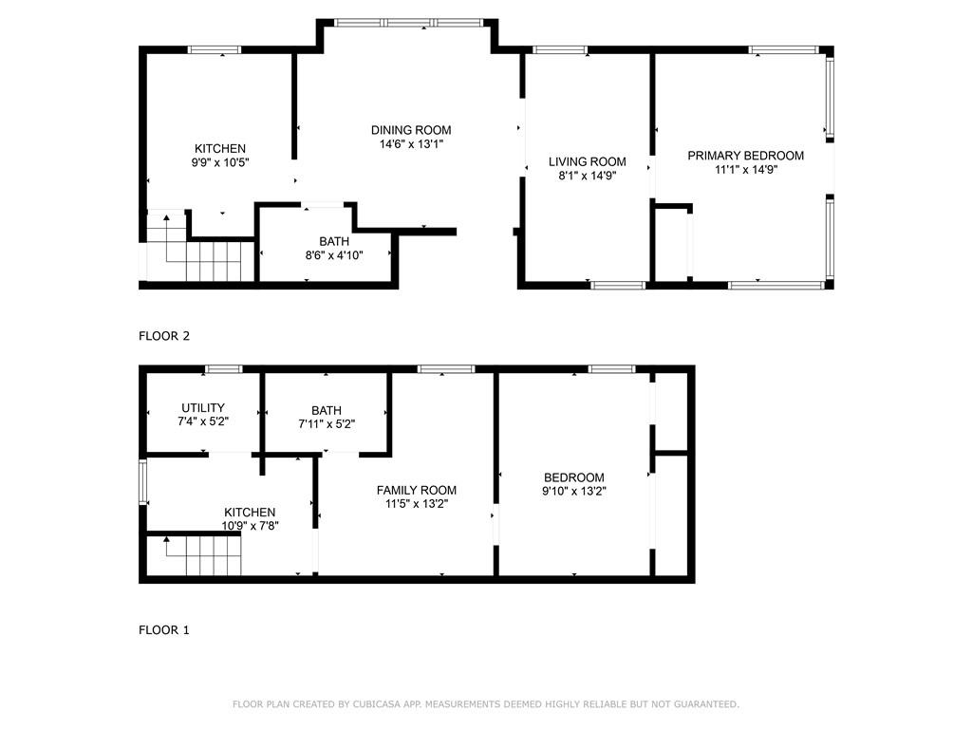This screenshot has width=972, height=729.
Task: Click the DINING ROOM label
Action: [411, 130]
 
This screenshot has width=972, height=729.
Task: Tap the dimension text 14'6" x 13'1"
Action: [411, 144]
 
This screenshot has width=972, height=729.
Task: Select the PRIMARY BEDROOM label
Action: [746, 156]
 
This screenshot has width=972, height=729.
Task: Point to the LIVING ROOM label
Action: [587, 161]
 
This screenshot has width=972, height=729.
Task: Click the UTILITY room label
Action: [203, 408]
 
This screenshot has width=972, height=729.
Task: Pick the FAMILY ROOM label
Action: [417, 491]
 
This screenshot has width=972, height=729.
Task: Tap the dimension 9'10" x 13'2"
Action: [574, 492]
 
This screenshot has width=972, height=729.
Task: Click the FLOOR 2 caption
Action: [164, 336]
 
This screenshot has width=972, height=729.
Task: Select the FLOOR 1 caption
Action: [164, 630]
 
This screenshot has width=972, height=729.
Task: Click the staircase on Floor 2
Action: [199, 248]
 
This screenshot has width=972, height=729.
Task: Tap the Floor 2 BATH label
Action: [334, 242]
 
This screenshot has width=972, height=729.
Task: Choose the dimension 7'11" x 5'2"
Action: [327, 424]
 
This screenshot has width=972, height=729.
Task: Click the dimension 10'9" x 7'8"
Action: [250, 526]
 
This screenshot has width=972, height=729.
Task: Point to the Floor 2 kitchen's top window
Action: [215, 50]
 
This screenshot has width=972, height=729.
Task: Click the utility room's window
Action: [224, 369]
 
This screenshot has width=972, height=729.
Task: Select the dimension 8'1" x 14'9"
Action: [587, 176]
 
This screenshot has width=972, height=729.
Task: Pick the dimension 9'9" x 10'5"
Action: [220, 163]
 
